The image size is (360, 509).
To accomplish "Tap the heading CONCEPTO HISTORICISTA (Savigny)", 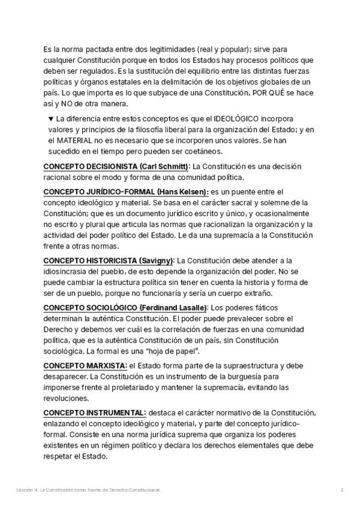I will coord(109,261).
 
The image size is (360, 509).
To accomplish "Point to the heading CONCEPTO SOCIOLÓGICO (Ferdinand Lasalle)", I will coord(127,308).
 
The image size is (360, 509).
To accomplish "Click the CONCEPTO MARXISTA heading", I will coord(85,366).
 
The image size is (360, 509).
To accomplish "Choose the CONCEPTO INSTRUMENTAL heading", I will coord(95,413).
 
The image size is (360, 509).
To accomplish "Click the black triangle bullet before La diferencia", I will coord(50,119).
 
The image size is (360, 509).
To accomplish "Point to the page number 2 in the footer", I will coord(341,490).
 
